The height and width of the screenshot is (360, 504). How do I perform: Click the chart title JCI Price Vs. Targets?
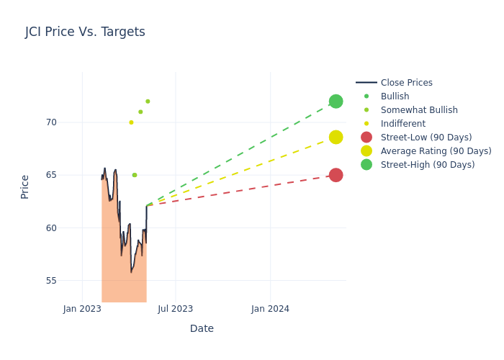85,32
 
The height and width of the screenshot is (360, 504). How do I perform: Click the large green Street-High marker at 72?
336,102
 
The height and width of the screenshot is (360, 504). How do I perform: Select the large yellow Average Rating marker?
336,137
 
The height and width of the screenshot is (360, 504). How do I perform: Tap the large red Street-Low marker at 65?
336,175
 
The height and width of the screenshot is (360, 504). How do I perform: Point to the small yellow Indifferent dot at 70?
131,122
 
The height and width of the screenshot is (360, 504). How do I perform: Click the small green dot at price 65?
135,175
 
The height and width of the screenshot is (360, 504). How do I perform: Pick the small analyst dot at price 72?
148,102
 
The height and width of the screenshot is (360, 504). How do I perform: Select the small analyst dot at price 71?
140,112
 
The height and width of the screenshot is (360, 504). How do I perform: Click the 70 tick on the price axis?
51,122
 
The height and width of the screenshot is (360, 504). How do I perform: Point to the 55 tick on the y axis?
51,281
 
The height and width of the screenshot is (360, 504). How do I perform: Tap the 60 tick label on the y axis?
51,228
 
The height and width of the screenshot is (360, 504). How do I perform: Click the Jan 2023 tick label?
82,309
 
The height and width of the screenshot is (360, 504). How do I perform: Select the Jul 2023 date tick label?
175,309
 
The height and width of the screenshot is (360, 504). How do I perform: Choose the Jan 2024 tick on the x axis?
271,309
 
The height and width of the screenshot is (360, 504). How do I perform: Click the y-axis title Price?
25,186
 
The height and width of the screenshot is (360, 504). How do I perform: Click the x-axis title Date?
202,328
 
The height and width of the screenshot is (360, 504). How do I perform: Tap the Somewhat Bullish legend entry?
419,110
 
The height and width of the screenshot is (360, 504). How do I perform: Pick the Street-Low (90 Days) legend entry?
426,138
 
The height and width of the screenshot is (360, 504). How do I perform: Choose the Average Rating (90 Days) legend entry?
436,151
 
